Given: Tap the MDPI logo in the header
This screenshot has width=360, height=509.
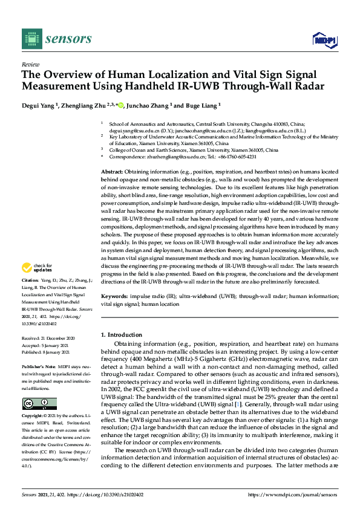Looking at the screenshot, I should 324,40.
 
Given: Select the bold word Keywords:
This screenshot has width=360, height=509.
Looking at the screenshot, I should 114,296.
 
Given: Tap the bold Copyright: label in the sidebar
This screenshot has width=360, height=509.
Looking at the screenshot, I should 33,417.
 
